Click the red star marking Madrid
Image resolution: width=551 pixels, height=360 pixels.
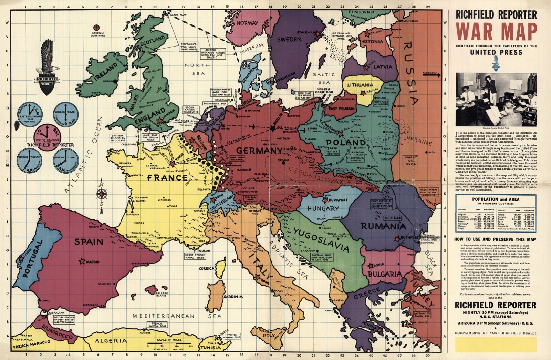82,261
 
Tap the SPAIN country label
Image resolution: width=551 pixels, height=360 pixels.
89,242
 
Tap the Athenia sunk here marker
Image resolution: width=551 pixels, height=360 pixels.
97,27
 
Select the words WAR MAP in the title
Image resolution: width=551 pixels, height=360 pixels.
496,32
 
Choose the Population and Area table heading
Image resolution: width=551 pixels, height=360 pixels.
496,199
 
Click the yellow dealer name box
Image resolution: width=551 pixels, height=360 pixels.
496,344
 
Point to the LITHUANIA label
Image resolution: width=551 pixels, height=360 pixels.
360,85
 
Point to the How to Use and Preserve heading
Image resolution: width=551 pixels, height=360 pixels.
495,239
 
